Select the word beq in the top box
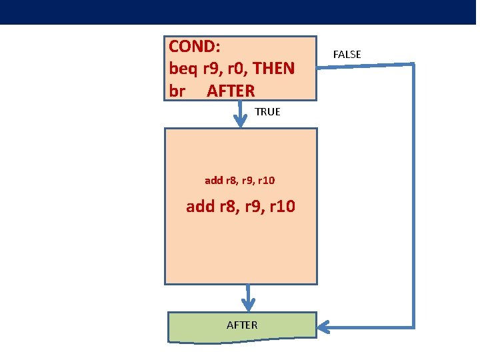[x=184, y=69]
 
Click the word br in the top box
[x=177, y=90]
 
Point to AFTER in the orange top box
[x=231, y=90]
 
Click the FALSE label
[x=347, y=55]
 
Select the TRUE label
[x=267, y=112]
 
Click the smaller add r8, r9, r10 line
[x=240, y=180]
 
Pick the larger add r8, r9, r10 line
[x=240, y=207]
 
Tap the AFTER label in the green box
[x=241, y=325]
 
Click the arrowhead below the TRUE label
[x=241, y=120]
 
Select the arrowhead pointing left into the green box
[x=325, y=327]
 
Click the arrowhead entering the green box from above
[x=248, y=305]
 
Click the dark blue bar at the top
[x=240, y=12]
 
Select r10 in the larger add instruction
[x=281, y=207]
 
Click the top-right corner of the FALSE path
[x=413, y=65]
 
